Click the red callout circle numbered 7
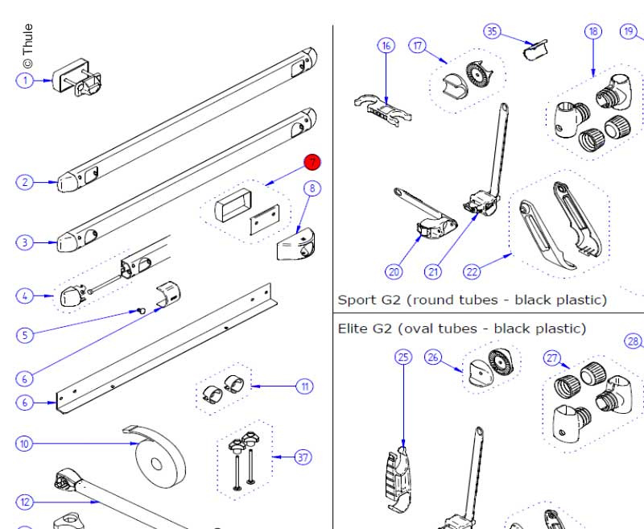(312, 163)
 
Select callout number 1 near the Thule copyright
(25, 80)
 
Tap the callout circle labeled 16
(386, 46)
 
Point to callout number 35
(492, 31)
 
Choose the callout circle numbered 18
(593, 31)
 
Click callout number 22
(472, 271)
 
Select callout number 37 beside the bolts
(303, 458)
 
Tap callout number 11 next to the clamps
(305, 386)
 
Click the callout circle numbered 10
(25, 444)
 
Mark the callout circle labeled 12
(25, 502)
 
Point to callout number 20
(394, 271)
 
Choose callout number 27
(553, 357)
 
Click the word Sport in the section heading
(357, 300)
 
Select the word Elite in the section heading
(354, 329)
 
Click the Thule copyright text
(27, 46)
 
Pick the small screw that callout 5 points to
(142, 308)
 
